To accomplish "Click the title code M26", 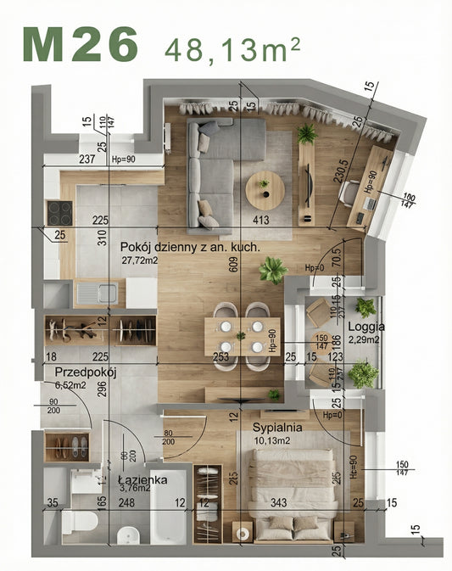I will coord(80,44).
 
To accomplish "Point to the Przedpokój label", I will coord(85,372).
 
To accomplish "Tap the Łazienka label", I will coord(142,479).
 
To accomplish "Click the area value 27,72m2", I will coord(140,260).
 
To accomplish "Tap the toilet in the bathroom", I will coord(74,518).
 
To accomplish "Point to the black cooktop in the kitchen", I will coord(60,211).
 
